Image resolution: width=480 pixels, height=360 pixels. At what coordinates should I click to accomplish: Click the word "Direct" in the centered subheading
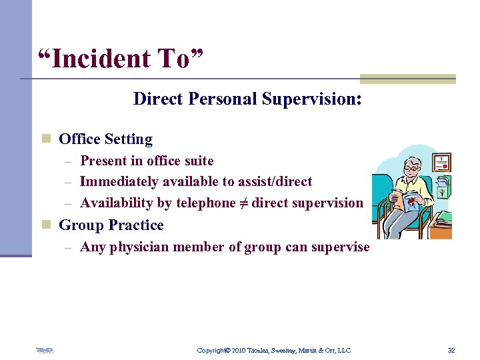tap(158, 99)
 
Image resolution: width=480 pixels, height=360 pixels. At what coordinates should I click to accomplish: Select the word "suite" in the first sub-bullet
tap(198, 161)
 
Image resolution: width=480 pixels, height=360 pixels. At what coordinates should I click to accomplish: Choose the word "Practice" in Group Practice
tap(135, 225)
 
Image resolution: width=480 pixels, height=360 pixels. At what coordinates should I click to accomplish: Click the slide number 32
tap(451, 350)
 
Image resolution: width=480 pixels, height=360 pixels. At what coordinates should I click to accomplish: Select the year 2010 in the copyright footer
tap(241, 350)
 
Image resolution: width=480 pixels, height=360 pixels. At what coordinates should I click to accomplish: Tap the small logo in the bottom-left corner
tap(45, 349)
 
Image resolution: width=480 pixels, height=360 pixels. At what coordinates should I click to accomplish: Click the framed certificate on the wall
tap(441, 162)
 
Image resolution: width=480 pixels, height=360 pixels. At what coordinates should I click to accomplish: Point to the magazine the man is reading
tap(406, 200)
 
